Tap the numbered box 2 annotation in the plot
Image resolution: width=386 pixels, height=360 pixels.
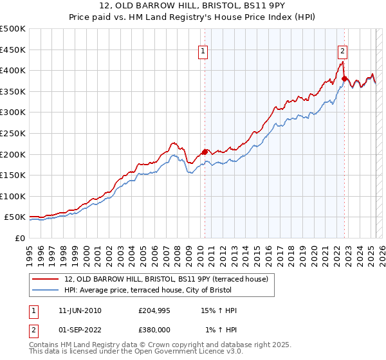point(342,52)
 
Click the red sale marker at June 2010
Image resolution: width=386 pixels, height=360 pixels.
point(205,152)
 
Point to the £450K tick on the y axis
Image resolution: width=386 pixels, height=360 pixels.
point(13,50)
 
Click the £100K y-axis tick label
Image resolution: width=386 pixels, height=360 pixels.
point(13,196)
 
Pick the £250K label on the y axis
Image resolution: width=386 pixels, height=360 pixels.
point(13,133)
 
